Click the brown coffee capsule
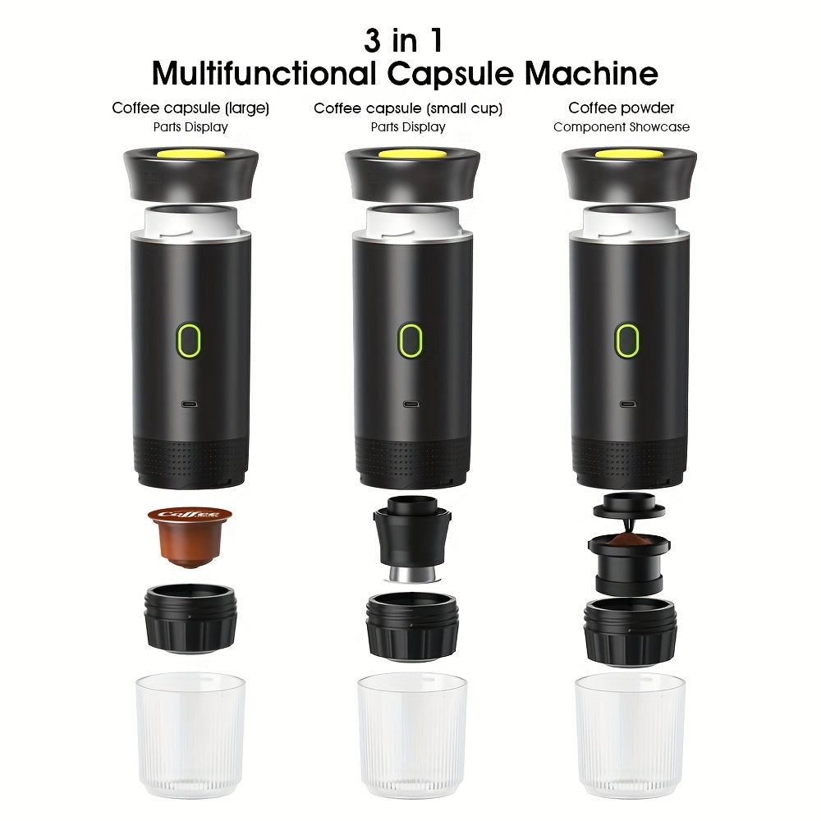[x=190, y=535]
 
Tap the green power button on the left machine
[x=190, y=338]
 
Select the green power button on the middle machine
[x=410, y=338]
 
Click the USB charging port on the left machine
[x=190, y=403]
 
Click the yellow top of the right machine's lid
[x=629, y=153]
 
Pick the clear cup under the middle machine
[x=412, y=724]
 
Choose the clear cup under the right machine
[x=630, y=724]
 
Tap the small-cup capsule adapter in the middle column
[x=411, y=539]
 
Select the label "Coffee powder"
[x=621, y=108]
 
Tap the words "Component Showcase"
[x=621, y=127]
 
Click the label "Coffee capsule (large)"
[x=190, y=108]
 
